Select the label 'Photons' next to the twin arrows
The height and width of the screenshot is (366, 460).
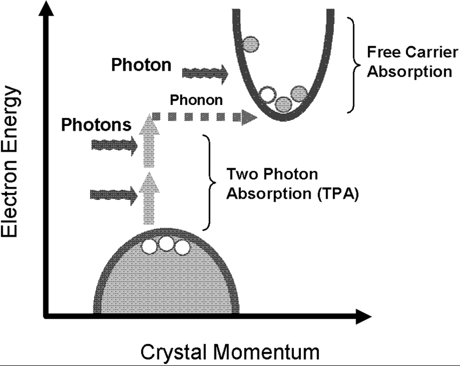pyautogui.click(x=96, y=125)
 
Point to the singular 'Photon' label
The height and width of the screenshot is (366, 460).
pyautogui.click(x=141, y=65)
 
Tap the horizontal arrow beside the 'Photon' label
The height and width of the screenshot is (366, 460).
pyautogui.click(x=206, y=72)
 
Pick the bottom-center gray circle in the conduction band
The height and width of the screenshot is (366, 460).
pyautogui.click(x=283, y=104)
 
